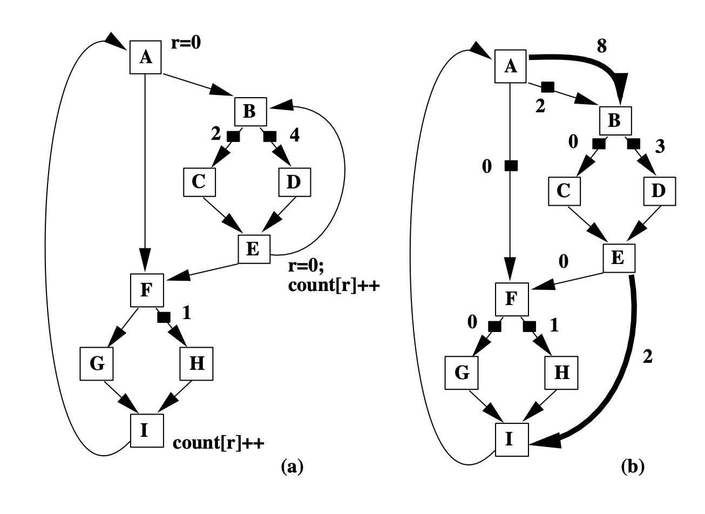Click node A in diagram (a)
[x=145, y=57]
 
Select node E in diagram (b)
[x=619, y=258]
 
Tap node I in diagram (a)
[x=146, y=431]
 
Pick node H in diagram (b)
[x=562, y=372]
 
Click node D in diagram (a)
[x=293, y=182]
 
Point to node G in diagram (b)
[x=462, y=372]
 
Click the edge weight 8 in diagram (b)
[x=602, y=45]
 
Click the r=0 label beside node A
[x=186, y=43]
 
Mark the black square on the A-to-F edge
[x=509, y=166]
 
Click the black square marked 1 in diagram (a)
[x=163, y=317]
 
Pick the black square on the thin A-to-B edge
[x=548, y=86]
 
